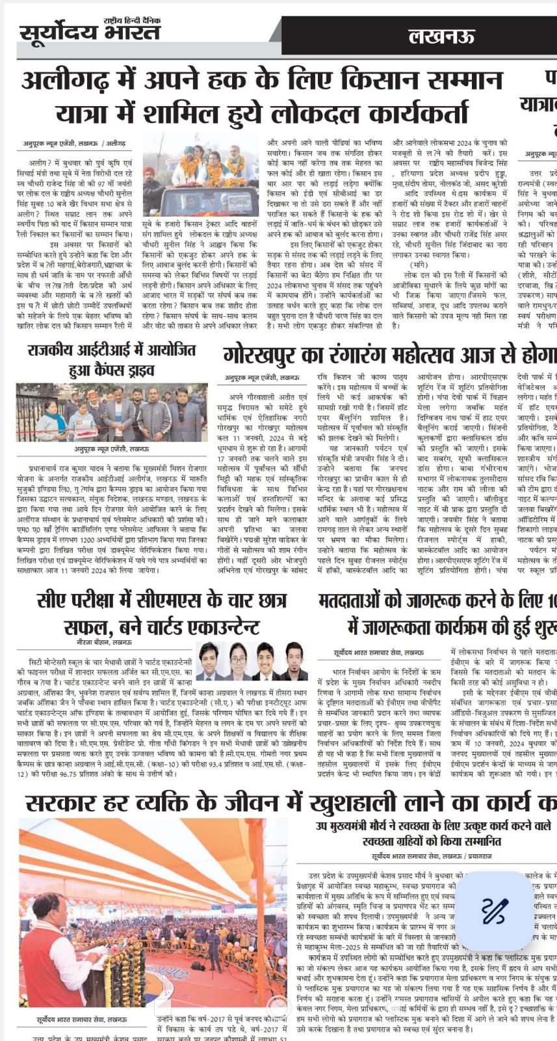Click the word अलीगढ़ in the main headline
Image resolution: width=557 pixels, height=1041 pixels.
click(x=65, y=81)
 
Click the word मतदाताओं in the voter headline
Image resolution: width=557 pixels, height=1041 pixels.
click(x=368, y=601)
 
